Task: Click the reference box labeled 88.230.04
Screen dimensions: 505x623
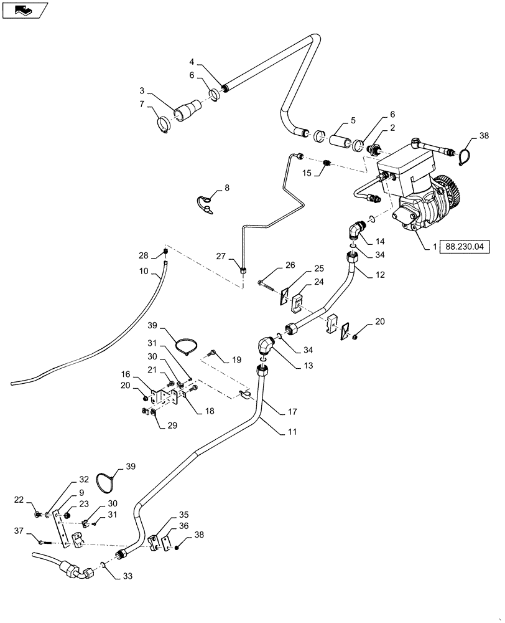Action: point(466,247)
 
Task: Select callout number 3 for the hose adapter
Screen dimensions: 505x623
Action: point(142,91)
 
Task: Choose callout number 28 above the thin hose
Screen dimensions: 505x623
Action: point(144,256)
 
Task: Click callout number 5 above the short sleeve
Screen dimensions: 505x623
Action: point(353,120)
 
